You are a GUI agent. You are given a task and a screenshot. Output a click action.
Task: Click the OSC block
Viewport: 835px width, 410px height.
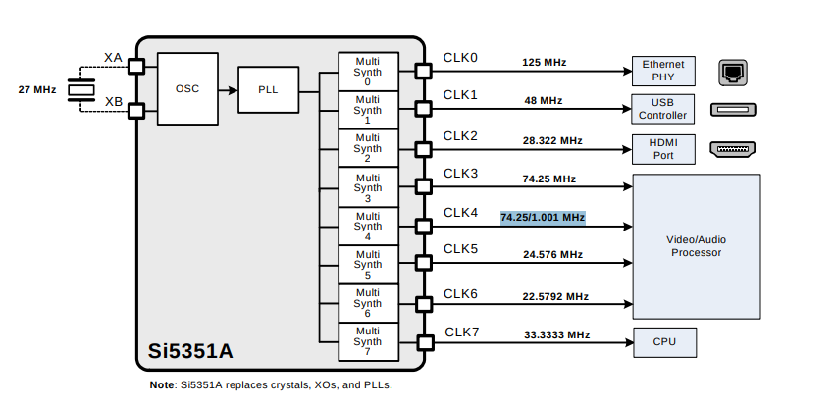[x=187, y=88]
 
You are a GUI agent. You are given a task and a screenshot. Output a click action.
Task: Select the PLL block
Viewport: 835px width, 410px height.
[x=268, y=89]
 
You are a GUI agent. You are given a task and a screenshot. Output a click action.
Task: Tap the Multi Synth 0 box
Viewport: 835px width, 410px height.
[x=368, y=71]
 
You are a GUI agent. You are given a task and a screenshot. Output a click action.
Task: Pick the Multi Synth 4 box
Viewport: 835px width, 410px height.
[x=368, y=226]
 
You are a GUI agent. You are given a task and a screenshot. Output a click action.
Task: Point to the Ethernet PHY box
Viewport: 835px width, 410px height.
[x=663, y=70]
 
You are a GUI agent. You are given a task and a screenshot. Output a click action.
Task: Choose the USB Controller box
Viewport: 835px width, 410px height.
[x=663, y=108]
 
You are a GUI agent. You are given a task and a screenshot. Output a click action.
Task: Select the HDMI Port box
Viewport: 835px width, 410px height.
[x=663, y=148]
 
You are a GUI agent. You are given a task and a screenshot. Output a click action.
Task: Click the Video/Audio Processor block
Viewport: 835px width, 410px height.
[x=697, y=246]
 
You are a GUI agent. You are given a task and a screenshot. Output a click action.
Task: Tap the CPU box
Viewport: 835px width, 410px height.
[x=663, y=342]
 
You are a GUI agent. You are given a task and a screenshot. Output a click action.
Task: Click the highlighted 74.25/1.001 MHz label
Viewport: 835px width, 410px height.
[x=543, y=217]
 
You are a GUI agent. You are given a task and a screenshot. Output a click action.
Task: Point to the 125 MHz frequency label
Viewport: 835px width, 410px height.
[x=544, y=63]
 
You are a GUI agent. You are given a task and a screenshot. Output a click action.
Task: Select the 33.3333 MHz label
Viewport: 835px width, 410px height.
[x=556, y=334]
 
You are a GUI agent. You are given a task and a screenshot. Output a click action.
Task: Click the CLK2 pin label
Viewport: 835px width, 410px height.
[x=460, y=135]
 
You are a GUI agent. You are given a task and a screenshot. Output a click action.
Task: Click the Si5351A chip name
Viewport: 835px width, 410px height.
[x=190, y=350]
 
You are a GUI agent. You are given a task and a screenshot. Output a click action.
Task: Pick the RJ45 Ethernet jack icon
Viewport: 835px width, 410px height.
[x=732, y=71]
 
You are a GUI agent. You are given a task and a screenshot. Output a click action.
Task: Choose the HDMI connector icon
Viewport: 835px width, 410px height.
[x=732, y=149]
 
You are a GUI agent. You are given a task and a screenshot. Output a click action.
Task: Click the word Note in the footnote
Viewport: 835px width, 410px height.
[x=161, y=385]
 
